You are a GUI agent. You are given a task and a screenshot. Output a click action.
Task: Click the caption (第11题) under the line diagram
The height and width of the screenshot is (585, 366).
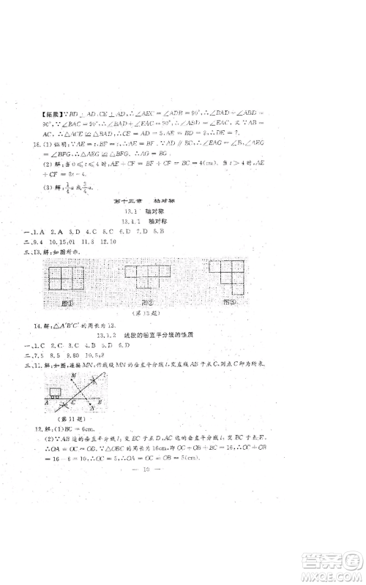click(x=56, y=428)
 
